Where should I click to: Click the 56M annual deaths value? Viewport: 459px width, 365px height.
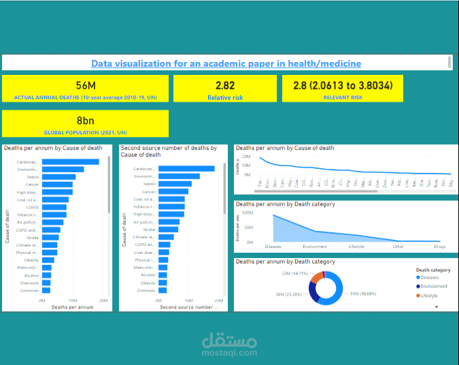pyautogui.click(x=86, y=85)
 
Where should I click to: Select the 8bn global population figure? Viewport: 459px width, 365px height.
pyautogui.click(x=86, y=121)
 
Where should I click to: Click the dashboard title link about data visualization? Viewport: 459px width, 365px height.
pyautogui.click(x=226, y=63)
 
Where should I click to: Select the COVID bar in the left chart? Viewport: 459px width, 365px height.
pyautogui.click(x=54, y=207)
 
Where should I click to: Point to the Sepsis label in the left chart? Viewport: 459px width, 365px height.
pyautogui.click(x=31, y=177)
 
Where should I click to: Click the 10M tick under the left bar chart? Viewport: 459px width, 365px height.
pyautogui.click(x=73, y=300)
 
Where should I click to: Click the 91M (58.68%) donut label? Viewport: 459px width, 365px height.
pyautogui.click(x=364, y=293)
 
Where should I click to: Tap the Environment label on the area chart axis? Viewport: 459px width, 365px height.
pyautogui.click(x=315, y=246)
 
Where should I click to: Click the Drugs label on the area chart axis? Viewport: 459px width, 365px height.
pyautogui.click(x=441, y=246)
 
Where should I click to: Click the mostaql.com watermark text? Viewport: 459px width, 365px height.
pyautogui.click(x=228, y=353)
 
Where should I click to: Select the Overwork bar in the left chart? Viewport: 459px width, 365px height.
pyautogui.click(x=46, y=283)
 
